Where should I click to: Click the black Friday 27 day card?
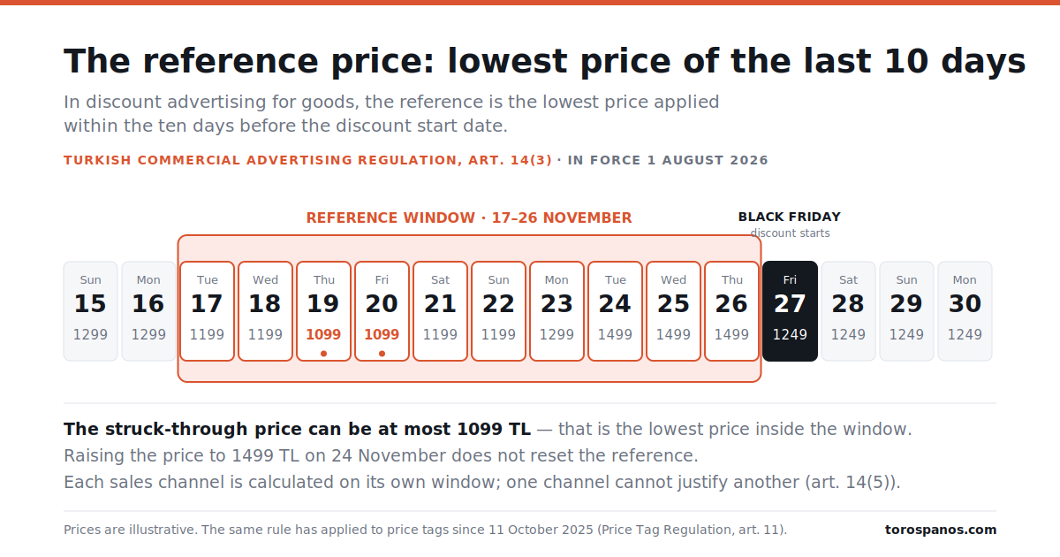(790, 311)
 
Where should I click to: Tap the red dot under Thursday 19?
(323, 354)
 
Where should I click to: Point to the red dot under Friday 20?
(382, 354)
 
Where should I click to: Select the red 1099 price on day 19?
(323, 334)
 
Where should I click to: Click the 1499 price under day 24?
(615, 334)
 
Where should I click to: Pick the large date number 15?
(90, 303)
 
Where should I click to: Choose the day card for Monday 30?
(965, 311)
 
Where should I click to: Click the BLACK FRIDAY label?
(790, 217)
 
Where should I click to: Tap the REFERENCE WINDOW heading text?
(469, 217)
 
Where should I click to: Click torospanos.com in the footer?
(941, 530)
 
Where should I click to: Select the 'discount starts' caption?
(790, 233)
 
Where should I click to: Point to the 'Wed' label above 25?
(673, 280)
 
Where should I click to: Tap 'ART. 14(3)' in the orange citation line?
(511, 160)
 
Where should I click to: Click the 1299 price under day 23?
(557, 334)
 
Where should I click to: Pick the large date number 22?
(499, 303)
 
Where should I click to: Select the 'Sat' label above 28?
(849, 280)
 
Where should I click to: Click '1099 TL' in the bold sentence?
(494, 429)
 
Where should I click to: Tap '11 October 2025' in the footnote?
(541, 530)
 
